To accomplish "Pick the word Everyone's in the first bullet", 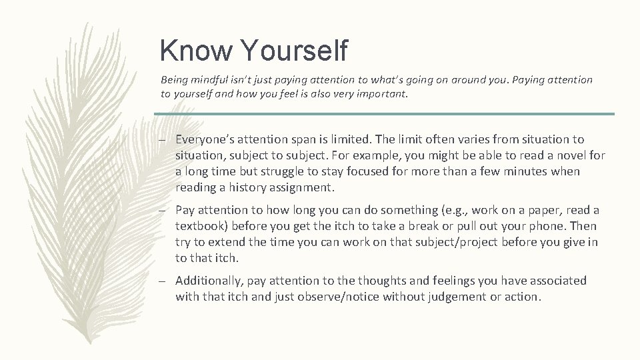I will tap(204, 139).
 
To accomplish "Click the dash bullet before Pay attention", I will tap(162, 210).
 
